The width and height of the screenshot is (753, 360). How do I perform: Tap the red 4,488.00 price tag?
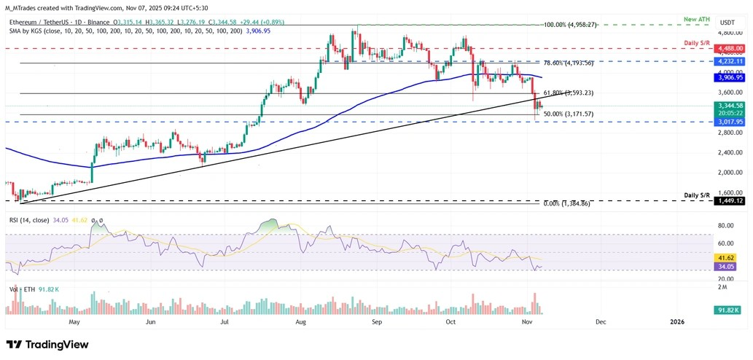point(729,48)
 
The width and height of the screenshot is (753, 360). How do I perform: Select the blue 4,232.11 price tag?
point(729,62)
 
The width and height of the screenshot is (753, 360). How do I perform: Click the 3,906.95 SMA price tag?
point(729,77)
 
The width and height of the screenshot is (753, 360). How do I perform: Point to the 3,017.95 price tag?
point(729,122)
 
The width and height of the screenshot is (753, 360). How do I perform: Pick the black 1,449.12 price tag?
point(729,200)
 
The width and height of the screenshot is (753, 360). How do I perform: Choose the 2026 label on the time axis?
point(677,321)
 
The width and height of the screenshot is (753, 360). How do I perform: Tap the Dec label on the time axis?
point(601,321)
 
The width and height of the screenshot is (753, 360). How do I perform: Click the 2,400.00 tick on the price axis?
point(729,153)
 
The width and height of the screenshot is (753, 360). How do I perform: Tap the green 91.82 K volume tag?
point(727,310)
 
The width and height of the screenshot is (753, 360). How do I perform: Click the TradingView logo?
point(47,345)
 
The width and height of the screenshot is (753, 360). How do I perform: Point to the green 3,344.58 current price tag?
point(729,106)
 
